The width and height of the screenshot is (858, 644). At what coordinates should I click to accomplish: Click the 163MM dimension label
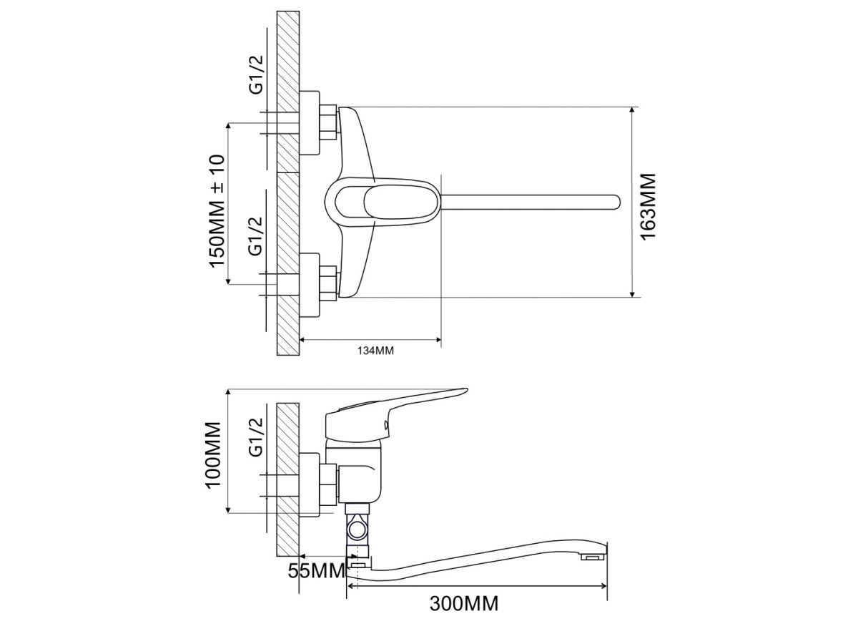[648, 206]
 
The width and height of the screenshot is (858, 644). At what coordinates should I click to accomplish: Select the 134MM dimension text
[375, 351]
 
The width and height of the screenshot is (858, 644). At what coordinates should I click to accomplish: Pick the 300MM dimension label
[464, 603]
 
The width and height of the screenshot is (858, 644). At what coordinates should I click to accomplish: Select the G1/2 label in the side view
[256, 437]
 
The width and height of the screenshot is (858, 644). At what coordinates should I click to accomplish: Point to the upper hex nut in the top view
[328, 122]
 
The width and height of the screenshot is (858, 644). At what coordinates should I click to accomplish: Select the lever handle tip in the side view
[458, 391]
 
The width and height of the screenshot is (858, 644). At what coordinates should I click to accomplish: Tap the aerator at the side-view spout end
[593, 556]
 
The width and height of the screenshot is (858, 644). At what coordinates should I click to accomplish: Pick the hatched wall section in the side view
[287, 479]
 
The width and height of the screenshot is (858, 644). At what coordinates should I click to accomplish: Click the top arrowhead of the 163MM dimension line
[633, 112]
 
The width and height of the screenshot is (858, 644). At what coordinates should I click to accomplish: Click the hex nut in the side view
[328, 484]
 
